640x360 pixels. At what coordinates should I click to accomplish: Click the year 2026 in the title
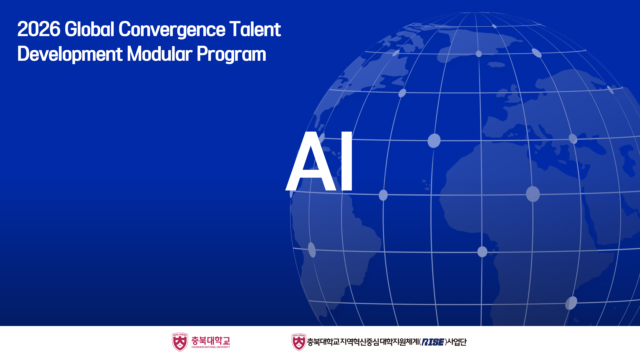click(39, 29)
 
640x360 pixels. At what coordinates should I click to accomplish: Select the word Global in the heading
click(89, 29)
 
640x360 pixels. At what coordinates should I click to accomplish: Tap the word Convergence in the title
click(172, 30)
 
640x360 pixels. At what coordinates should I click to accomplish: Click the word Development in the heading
click(70, 54)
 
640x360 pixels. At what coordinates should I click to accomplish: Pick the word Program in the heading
click(231, 55)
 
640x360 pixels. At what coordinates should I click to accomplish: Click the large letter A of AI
click(311, 161)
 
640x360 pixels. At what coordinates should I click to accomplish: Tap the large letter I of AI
click(347, 161)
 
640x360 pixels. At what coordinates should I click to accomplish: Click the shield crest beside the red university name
click(180, 342)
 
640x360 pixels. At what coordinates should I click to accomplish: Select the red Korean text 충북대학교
click(211, 340)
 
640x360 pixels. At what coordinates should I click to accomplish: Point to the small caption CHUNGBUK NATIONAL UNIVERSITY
click(211, 347)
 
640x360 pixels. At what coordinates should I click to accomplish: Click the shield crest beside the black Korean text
click(299, 342)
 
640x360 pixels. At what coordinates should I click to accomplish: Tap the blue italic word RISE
click(433, 342)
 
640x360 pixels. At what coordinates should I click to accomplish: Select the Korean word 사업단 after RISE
click(457, 342)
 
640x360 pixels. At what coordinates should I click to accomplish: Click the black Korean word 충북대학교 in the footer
click(323, 342)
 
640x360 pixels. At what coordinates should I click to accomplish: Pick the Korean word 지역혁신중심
click(360, 342)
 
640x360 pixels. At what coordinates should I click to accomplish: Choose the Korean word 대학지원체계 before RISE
click(399, 342)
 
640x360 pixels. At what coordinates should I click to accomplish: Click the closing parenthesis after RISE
click(446, 342)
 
